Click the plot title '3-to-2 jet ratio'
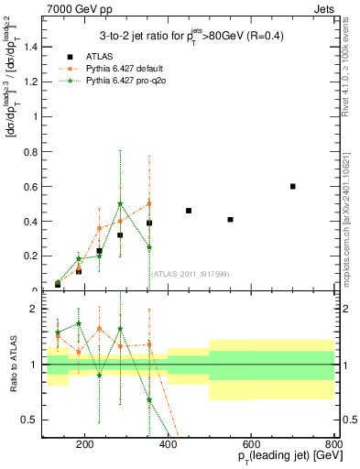pos(188,37)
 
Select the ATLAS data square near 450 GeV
pos(189,211)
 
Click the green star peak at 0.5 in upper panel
pos(120,204)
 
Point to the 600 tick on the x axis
pos(252,446)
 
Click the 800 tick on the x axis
pos(333,446)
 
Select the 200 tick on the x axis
pos(85,446)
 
